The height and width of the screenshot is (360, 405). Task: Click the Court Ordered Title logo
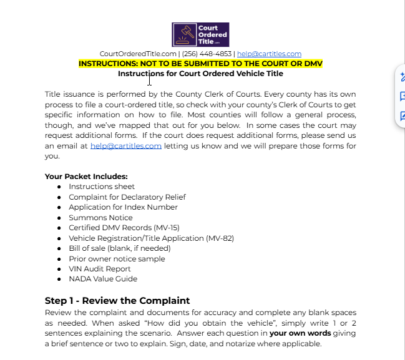tap(200, 35)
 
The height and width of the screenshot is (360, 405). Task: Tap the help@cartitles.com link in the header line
tap(269, 54)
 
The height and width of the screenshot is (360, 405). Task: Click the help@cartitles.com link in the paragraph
tap(125, 145)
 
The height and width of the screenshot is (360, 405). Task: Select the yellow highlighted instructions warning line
tap(200, 64)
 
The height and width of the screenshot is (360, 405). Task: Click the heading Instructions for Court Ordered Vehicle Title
tap(200, 74)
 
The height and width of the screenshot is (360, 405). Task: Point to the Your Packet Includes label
tap(86, 176)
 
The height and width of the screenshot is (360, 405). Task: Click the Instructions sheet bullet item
tap(102, 187)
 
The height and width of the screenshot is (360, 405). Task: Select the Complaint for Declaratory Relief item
tap(127, 197)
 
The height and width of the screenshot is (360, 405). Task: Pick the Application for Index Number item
tap(123, 207)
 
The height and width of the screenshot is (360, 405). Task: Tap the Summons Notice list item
tap(100, 218)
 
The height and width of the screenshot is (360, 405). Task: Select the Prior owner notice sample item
tap(117, 259)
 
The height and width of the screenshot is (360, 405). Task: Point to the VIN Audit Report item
tap(100, 269)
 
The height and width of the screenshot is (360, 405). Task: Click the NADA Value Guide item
tap(103, 279)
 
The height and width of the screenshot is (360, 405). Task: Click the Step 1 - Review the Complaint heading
tap(117, 301)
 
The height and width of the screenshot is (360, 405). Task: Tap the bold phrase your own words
tap(300, 333)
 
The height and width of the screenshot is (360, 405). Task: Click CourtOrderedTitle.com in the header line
tap(138, 54)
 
